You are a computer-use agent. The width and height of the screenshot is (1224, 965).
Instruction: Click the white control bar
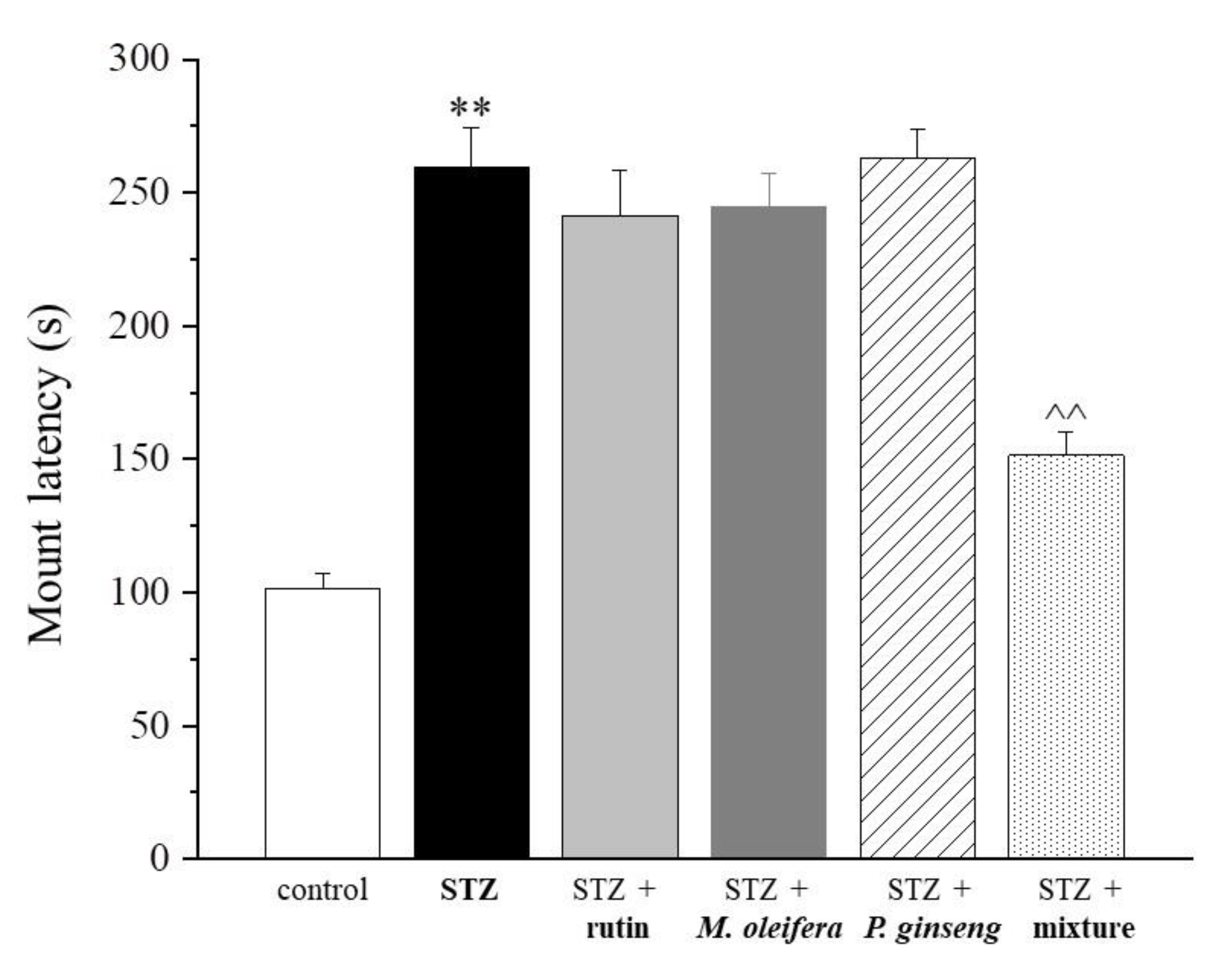[322, 723]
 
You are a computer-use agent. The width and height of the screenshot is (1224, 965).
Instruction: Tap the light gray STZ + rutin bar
[620, 537]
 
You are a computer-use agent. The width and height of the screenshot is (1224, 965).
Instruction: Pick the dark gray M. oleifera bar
[768, 531]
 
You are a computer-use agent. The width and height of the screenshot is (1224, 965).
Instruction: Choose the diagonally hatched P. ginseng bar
[918, 508]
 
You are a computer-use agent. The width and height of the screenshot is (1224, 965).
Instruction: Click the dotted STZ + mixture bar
[1065, 655]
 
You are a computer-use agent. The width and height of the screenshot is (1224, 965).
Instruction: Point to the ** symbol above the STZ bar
[470, 108]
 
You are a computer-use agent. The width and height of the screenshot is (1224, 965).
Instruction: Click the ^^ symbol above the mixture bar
[1065, 413]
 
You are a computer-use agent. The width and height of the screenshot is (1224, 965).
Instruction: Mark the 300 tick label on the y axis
[139, 58]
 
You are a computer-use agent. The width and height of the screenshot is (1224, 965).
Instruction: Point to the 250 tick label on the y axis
[139, 192]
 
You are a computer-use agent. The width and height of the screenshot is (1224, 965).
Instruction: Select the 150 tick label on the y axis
[139, 459]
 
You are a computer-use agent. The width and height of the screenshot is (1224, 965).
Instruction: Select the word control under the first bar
[322, 890]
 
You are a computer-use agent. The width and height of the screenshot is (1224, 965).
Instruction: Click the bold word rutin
[617, 928]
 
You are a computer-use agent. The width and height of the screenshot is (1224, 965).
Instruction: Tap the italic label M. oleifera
[769, 928]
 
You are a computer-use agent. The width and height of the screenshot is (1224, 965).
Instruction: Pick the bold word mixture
[1083, 928]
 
